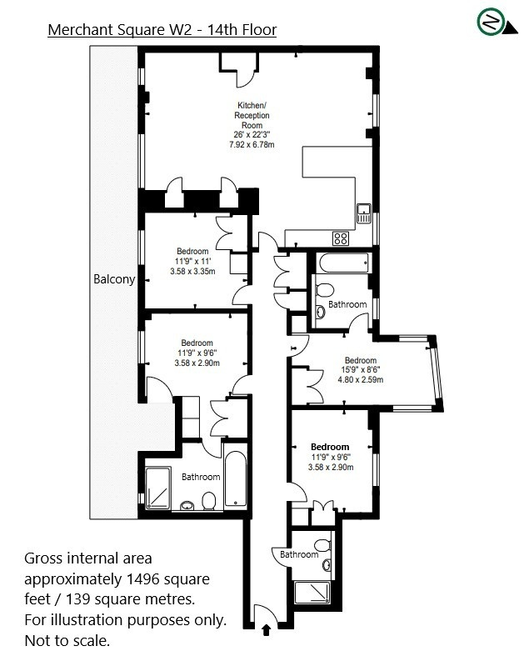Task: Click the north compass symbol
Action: pyautogui.click(x=496, y=22)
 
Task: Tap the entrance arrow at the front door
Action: pyautogui.click(x=266, y=630)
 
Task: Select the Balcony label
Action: pyautogui.click(x=114, y=279)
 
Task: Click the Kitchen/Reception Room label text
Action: pyautogui.click(x=252, y=115)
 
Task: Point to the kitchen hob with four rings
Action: pyautogui.click(x=341, y=238)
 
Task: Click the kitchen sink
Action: pyautogui.click(x=364, y=213)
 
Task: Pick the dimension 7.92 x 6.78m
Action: pyautogui.click(x=252, y=145)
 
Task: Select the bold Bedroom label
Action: pyautogui.click(x=330, y=447)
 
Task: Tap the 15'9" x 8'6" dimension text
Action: pyautogui.click(x=361, y=370)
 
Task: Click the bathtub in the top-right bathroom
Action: pyautogui.click(x=343, y=263)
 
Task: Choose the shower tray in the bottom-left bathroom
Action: pyautogui.click(x=157, y=488)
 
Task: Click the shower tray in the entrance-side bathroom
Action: pyautogui.click(x=312, y=593)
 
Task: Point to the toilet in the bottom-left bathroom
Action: pyautogui.click(x=209, y=500)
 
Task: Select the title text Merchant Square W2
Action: pyautogui.click(x=120, y=30)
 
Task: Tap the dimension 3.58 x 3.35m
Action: pyautogui.click(x=192, y=271)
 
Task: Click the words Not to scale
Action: pyautogui.click(x=67, y=641)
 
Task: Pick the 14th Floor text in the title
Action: pyautogui.click(x=242, y=30)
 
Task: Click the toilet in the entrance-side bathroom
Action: pyautogui.click(x=322, y=545)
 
